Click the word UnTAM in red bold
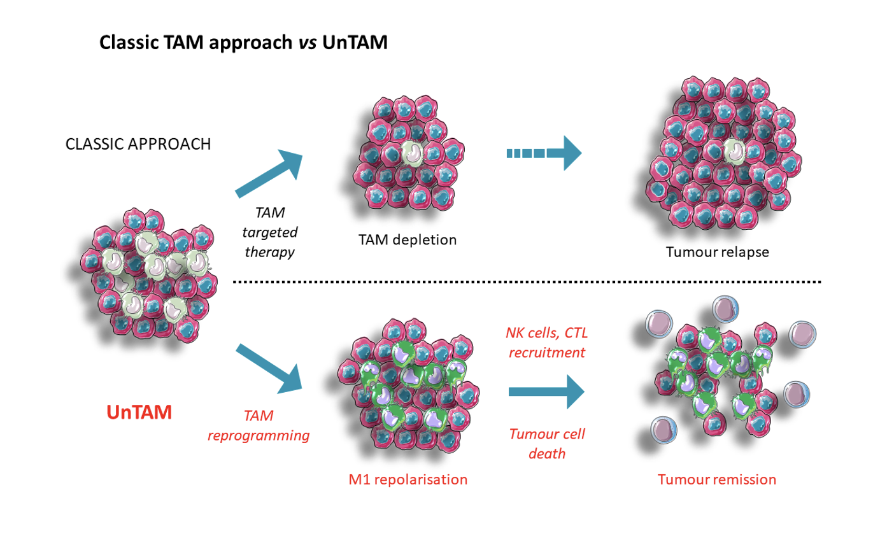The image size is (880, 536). (x=139, y=411)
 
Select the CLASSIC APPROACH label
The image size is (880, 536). (x=138, y=144)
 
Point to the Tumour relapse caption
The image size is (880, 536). (x=718, y=251)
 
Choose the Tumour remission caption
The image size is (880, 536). (x=718, y=479)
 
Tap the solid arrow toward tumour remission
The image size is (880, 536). (x=546, y=393)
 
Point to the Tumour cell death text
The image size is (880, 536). (x=546, y=444)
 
